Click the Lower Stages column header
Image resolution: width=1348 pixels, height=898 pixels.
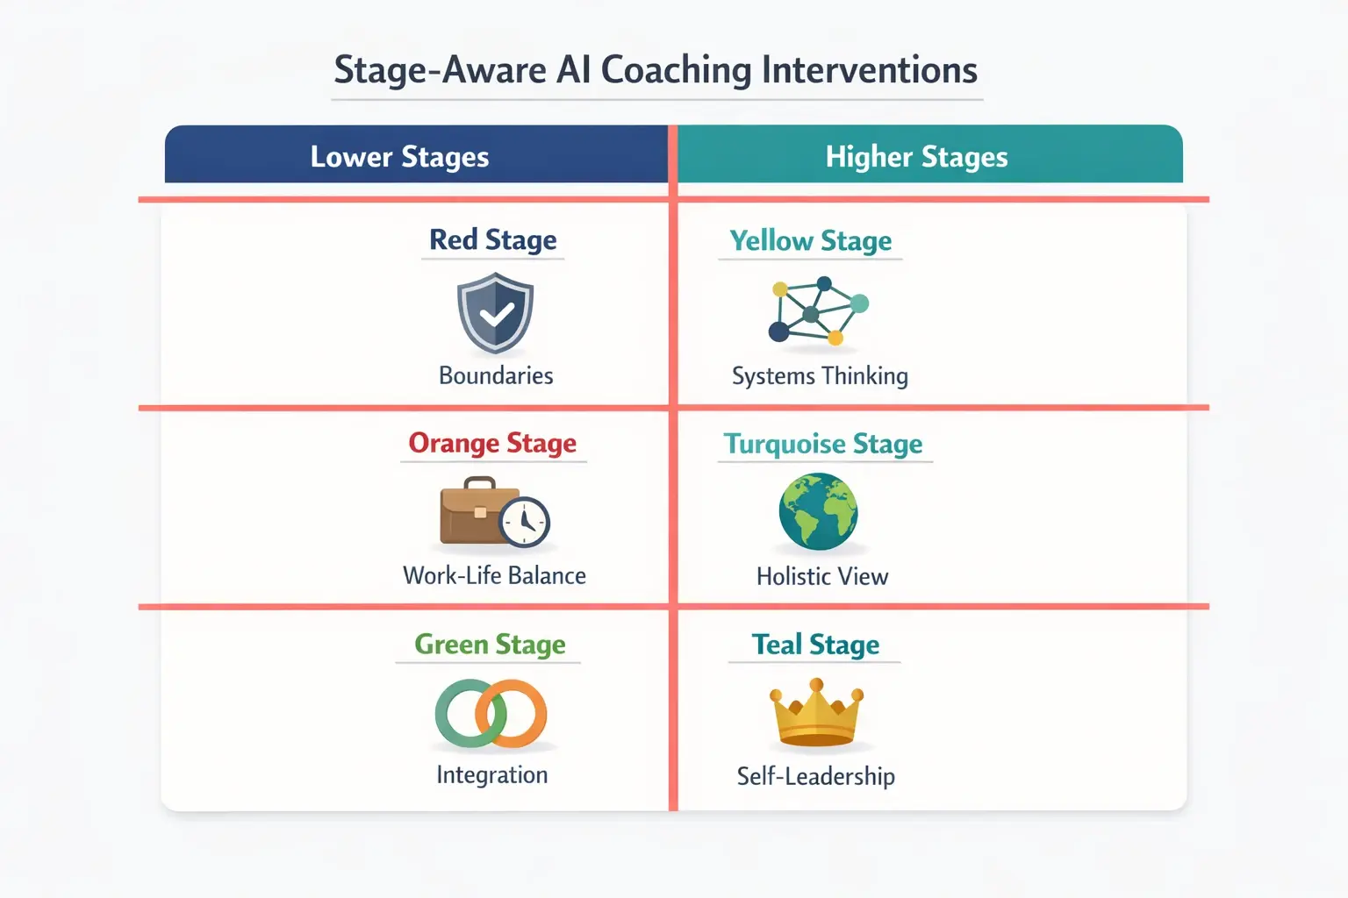[399, 156]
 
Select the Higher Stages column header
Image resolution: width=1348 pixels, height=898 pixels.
[916, 156]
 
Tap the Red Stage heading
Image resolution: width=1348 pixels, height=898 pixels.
[492, 239]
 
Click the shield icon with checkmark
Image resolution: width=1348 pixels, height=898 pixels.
[496, 312]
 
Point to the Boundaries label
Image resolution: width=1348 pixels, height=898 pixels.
[496, 375]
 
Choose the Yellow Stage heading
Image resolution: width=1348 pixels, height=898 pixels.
[810, 240]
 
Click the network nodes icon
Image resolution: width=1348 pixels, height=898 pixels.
[818, 310]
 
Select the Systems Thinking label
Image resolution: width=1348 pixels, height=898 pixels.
[820, 375]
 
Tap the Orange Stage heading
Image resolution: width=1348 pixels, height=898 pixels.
[492, 443]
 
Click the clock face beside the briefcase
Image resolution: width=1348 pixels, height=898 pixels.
[525, 522]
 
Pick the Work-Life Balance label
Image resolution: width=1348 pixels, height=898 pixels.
[494, 575]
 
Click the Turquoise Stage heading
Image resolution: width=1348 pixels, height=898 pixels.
[822, 444]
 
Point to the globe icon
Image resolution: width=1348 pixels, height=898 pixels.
[818, 511]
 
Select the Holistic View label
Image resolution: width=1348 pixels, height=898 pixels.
[822, 576]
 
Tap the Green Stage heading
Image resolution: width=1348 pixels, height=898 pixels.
[490, 645]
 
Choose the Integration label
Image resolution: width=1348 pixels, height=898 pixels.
[491, 775]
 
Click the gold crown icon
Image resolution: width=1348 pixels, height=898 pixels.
[817, 714]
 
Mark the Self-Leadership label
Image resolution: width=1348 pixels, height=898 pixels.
[815, 776]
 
